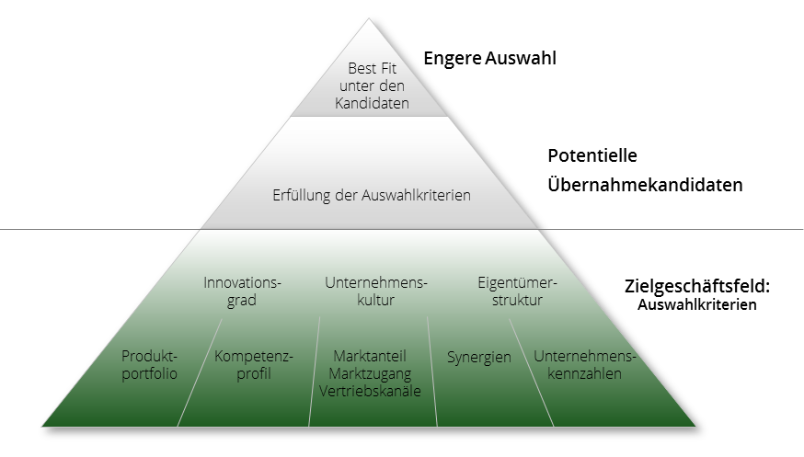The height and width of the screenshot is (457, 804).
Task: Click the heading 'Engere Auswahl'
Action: pyautogui.click(x=489, y=58)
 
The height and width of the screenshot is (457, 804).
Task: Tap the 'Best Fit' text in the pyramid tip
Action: pyautogui.click(x=373, y=68)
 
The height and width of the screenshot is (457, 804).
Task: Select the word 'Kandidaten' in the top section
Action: pyautogui.click(x=373, y=103)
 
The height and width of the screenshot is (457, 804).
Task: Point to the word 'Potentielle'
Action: pyautogui.click(x=592, y=155)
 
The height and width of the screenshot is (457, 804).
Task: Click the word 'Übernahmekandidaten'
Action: pyautogui.click(x=645, y=185)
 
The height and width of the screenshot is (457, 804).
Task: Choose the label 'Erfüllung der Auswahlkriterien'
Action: pyautogui.click(x=372, y=195)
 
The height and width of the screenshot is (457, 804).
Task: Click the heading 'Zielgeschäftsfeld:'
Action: pyautogui.click(x=697, y=286)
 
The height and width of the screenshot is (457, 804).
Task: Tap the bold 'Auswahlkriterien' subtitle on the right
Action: pyautogui.click(x=697, y=304)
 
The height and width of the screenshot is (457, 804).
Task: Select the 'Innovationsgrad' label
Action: pyautogui.click(x=242, y=291)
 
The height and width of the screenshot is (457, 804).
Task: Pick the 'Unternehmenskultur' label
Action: pyautogui.click(x=376, y=291)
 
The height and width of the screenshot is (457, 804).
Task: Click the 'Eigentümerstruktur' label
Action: pyautogui.click(x=517, y=291)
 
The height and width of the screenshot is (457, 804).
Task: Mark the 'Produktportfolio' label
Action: pyautogui.click(x=149, y=365)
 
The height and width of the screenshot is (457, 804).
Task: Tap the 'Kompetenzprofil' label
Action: pyautogui.click(x=254, y=365)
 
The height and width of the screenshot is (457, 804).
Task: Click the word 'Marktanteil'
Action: pyautogui.click(x=370, y=356)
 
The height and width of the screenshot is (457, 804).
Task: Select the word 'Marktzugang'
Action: pyautogui.click(x=370, y=373)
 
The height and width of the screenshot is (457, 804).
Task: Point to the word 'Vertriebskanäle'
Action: pyautogui.click(x=370, y=391)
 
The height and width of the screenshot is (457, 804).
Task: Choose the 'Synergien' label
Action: pyautogui.click(x=479, y=357)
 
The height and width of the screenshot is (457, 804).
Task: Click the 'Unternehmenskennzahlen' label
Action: pyautogui.click(x=584, y=365)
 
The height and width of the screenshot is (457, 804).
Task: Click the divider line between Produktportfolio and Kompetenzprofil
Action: pyautogui.click(x=200, y=372)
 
